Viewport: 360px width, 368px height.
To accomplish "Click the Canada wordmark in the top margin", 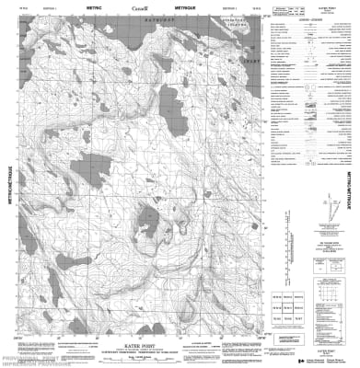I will pos(138,9).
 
